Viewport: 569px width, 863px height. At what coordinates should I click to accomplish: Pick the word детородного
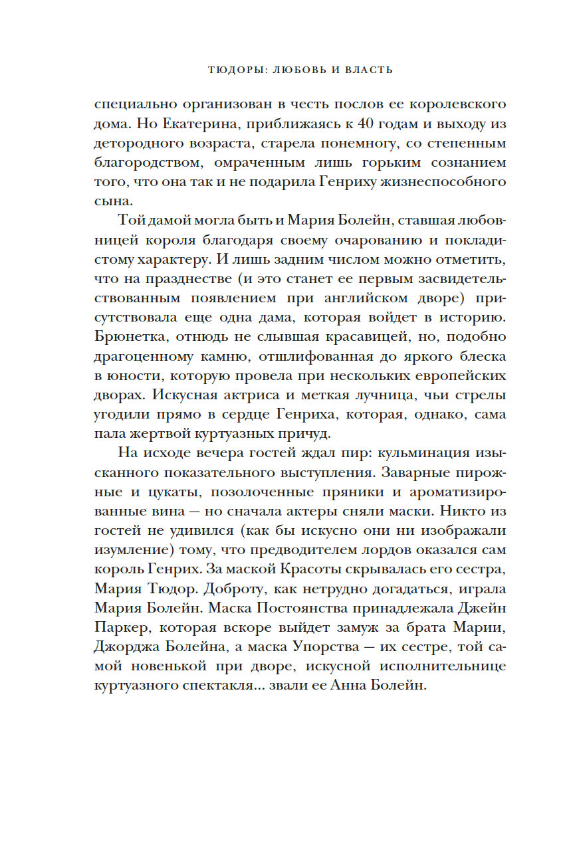coord(138,143)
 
